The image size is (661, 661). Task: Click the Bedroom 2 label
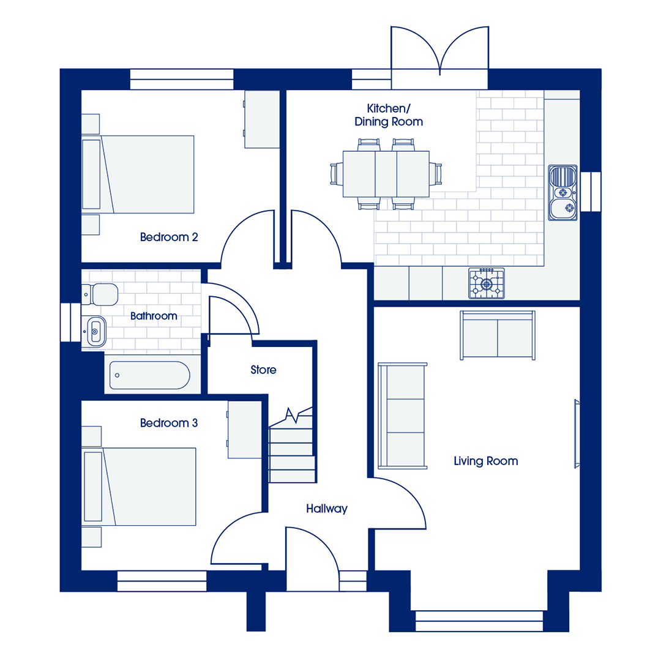tap(169, 237)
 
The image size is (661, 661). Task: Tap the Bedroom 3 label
tap(169, 423)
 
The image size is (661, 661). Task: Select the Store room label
tap(263, 370)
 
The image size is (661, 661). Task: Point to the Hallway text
tap(327, 509)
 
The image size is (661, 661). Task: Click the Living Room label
tap(485, 461)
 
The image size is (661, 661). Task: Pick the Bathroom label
tap(154, 316)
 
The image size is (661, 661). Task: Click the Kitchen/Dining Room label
tap(388, 115)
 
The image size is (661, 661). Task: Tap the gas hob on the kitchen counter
tap(487, 284)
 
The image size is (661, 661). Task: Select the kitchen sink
tap(563, 193)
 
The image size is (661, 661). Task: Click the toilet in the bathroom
tap(100, 294)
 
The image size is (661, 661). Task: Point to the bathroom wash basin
tap(95, 331)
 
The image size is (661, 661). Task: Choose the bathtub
tap(150, 375)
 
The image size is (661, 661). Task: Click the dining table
tap(386, 174)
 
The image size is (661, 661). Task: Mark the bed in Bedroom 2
tap(138, 174)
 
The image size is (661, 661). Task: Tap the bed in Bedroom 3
tap(139, 487)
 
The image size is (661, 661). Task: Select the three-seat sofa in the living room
tap(403, 416)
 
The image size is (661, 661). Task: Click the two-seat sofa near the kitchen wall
tap(498, 335)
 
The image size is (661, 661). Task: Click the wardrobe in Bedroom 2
tap(262, 119)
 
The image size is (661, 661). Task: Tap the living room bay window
tap(479, 621)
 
